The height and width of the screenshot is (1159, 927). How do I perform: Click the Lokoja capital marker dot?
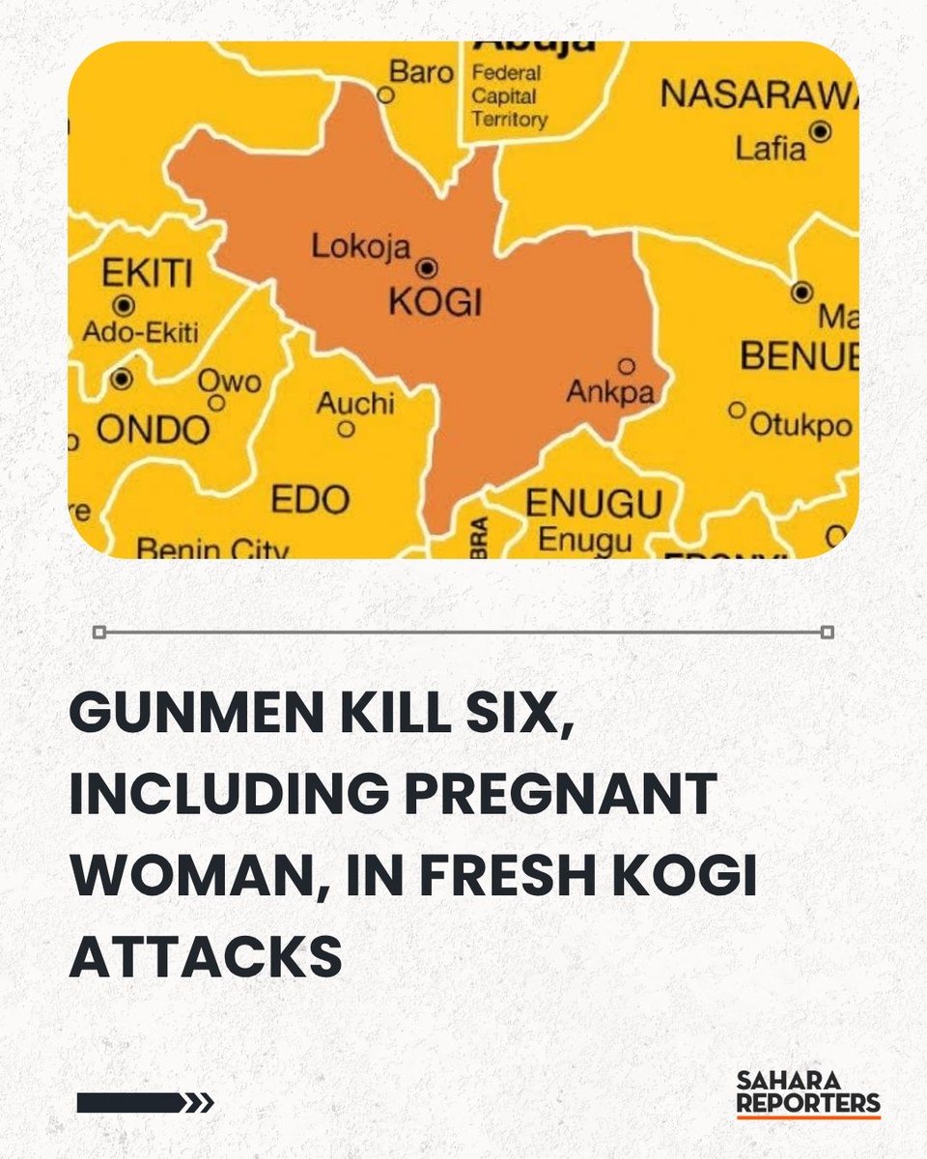[x=425, y=267]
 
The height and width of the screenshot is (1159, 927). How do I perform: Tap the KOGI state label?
[x=434, y=302]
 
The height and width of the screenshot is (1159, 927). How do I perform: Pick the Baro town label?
[x=421, y=71]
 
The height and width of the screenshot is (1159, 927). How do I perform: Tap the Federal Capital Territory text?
[x=509, y=97]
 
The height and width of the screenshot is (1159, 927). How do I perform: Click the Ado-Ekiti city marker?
[x=123, y=306]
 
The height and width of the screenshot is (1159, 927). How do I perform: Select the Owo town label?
[x=231, y=381]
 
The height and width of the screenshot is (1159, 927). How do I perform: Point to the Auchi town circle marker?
[x=344, y=432]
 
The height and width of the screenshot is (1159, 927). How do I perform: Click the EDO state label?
[x=310, y=500]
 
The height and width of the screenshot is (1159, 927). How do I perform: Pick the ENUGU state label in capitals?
[x=593, y=504]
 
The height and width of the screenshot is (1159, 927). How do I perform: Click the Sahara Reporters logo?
[x=807, y=1092]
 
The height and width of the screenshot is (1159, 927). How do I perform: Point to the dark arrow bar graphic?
[x=145, y=1102]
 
